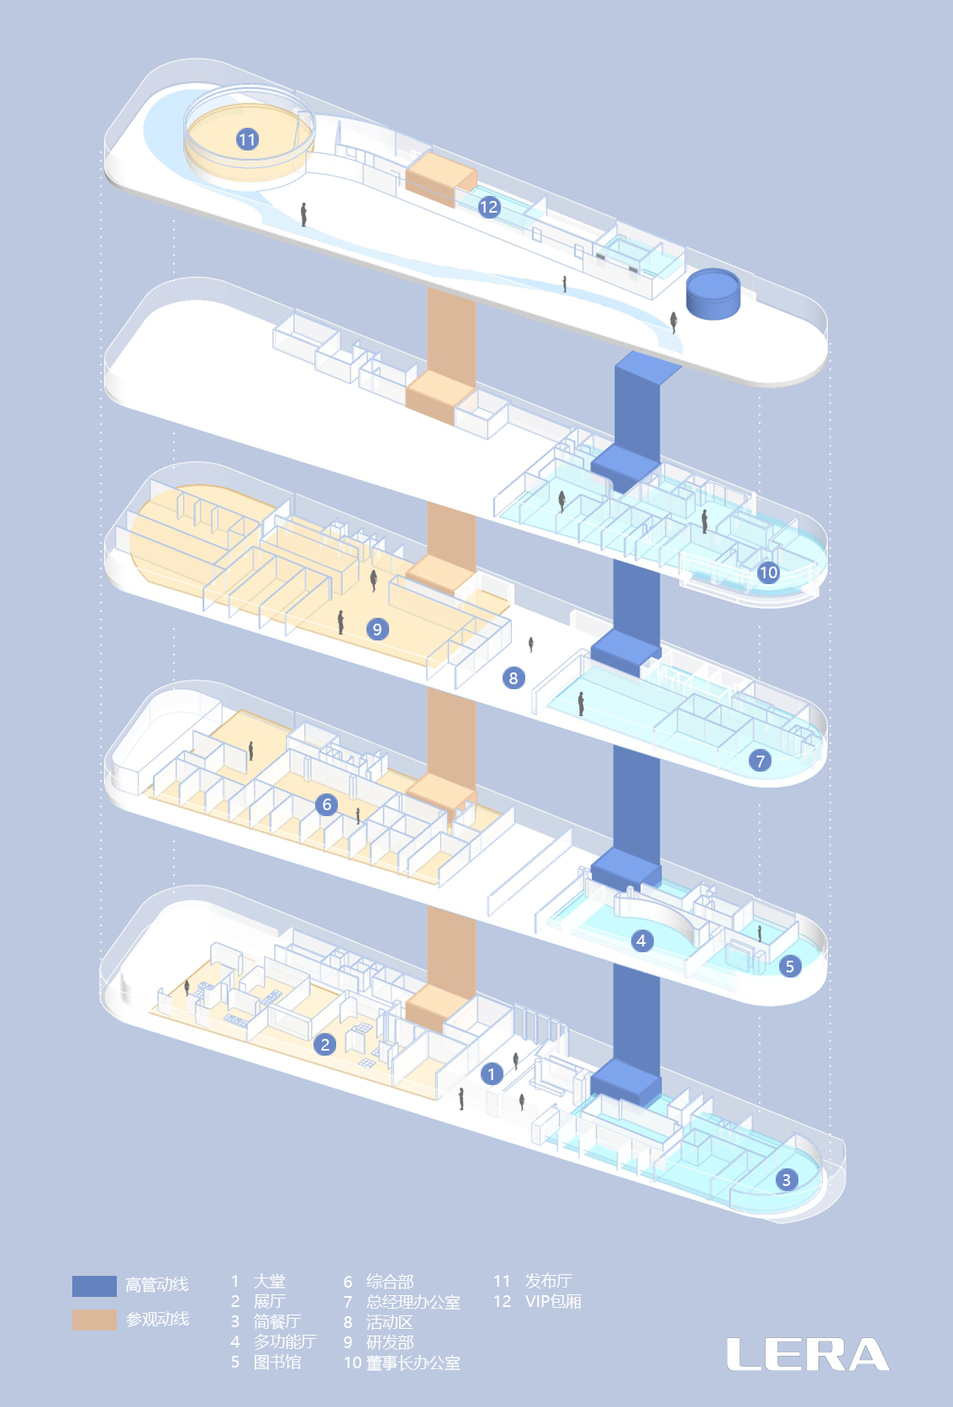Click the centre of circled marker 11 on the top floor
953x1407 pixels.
coord(247,140)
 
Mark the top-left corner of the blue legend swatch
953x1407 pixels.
coord(72,1276)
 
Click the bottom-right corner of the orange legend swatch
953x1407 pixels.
coord(117,1330)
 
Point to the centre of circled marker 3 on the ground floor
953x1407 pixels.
coord(786,1179)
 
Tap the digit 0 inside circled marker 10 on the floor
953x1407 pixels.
coord(772,573)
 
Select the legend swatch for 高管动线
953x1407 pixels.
coord(94,1286)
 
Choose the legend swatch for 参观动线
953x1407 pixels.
coord(94,1319)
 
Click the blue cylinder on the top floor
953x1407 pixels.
coord(713,294)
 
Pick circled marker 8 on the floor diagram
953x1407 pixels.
coord(513,677)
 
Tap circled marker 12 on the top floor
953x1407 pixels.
coord(489,207)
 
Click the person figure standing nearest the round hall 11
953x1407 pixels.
coord(303,214)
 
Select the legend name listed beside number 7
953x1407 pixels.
coord(413,1301)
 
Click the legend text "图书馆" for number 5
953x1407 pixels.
coord(277,1362)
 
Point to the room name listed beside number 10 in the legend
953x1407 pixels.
coord(413,1362)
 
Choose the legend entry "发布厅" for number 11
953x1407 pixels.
coord(549,1281)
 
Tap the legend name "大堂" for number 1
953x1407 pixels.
coord(270,1281)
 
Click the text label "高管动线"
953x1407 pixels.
coord(157,1284)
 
